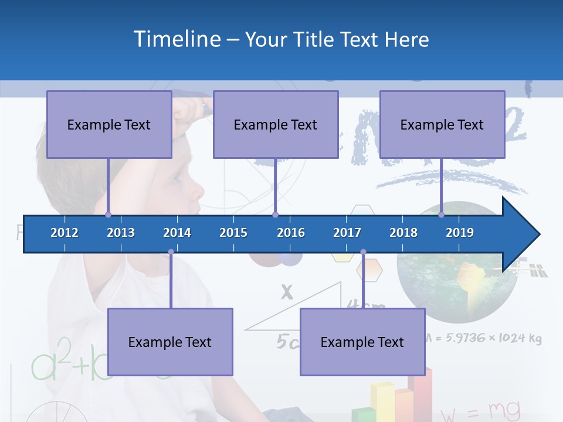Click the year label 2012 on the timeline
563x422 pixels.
coord(65,233)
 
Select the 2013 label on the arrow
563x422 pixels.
coord(121,233)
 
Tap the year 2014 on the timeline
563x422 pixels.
coord(177,233)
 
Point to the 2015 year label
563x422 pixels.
coord(233,233)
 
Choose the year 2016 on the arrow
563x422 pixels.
coord(291,233)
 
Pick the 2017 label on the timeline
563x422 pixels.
coord(347,233)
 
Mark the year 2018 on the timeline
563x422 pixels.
coord(403,233)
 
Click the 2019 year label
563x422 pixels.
coord(460,233)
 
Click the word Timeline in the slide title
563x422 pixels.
coord(177,39)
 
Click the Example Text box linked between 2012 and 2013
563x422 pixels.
coord(109,124)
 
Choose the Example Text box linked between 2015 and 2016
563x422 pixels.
coord(276,124)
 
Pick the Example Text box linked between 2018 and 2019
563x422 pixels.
coord(442,124)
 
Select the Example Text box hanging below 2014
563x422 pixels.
coord(170,342)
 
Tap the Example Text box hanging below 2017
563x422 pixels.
coord(362,342)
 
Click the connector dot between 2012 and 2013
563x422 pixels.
coord(108,215)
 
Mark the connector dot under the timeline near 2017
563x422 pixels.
coord(363,252)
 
